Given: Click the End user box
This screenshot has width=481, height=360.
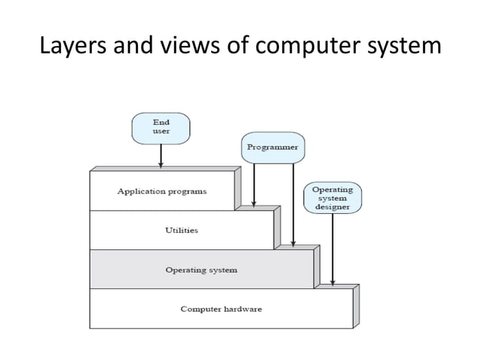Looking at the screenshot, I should (x=161, y=127).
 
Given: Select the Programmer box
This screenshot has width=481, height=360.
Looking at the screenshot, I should (x=273, y=148).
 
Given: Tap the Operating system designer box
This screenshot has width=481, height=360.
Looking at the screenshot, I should (x=332, y=197).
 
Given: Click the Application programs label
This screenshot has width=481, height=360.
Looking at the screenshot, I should (x=161, y=191).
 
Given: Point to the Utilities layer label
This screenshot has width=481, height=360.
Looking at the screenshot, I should (x=182, y=230).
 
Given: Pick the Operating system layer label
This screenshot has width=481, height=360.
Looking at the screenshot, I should (x=201, y=270).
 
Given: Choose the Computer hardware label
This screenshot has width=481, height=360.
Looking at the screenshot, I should (x=221, y=310).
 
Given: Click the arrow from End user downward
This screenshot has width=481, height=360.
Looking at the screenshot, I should (x=161, y=156).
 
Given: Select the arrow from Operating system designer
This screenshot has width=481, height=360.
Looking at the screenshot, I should (x=332, y=248).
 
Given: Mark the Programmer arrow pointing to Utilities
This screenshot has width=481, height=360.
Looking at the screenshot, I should (x=254, y=185).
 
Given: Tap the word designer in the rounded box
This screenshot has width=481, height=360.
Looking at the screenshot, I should (x=332, y=206).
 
